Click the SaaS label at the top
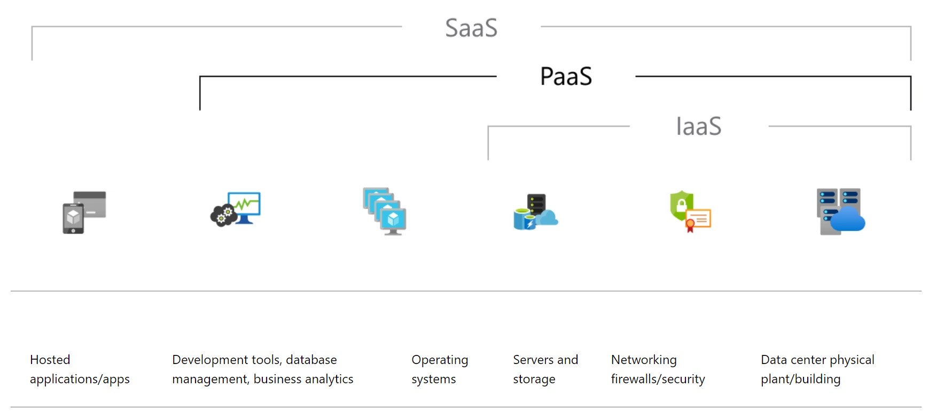tap(471, 28)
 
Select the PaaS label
tap(566, 76)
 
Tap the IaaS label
tap(698, 127)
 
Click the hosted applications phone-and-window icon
tap(84, 212)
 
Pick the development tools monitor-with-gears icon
tap(236, 209)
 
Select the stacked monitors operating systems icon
tap(385, 211)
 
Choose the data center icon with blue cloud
tap(840, 212)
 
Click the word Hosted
tap(50, 360)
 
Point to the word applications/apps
tap(80, 379)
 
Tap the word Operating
tap(440, 360)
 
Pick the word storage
tap(534, 379)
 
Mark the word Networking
tap(644, 360)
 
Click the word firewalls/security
tap(658, 379)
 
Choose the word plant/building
tap(800, 379)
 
